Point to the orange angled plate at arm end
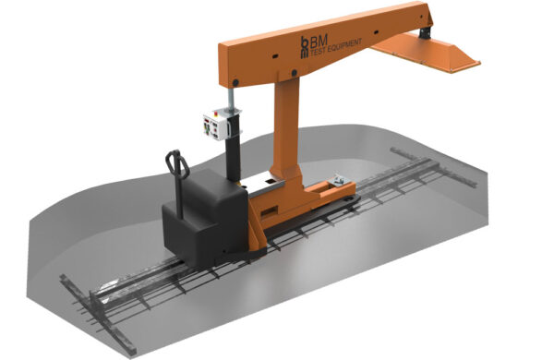pos(443,54)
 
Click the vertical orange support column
pos(284,129)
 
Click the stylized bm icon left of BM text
pos(306,45)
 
